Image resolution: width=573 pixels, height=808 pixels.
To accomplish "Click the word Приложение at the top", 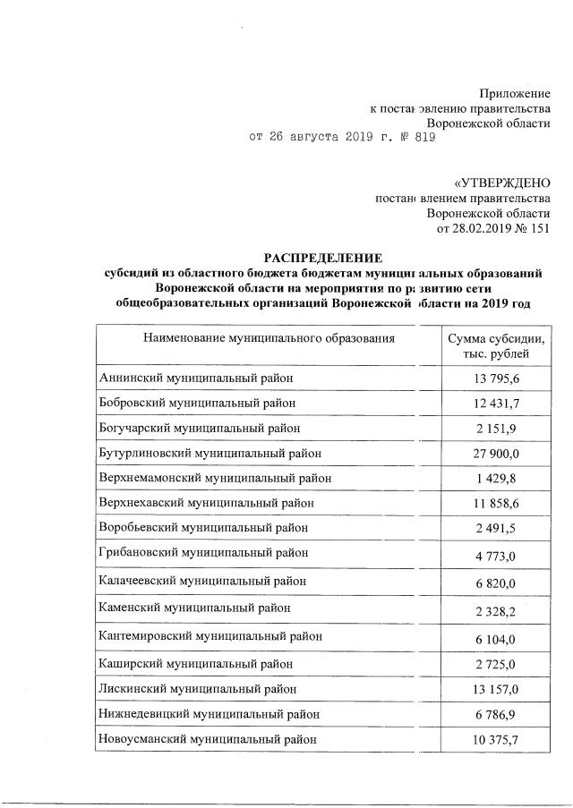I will point(514,92).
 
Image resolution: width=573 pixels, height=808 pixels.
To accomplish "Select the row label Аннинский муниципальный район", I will point(197,379).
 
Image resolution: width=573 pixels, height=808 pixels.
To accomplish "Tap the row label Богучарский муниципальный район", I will point(200,429).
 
